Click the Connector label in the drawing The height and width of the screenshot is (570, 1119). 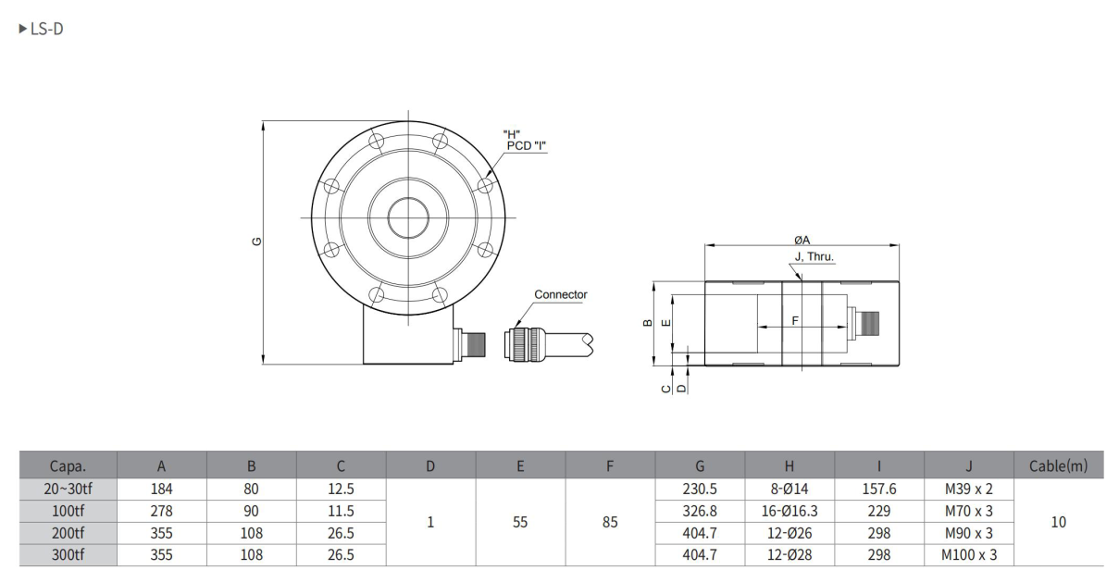click(x=560, y=294)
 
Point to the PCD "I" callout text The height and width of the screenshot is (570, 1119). click(x=526, y=145)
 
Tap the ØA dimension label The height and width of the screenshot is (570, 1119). click(x=802, y=240)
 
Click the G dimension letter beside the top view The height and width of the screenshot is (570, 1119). click(x=256, y=242)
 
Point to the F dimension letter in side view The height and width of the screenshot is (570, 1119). click(x=795, y=319)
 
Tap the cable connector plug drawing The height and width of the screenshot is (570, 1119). click(x=526, y=343)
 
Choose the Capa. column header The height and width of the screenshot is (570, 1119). click(x=68, y=466)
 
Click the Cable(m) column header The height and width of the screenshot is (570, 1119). click(x=1058, y=466)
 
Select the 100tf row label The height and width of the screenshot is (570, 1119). click(x=68, y=511)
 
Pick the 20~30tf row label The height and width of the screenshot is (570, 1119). click(x=68, y=489)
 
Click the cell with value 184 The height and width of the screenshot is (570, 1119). click(x=161, y=489)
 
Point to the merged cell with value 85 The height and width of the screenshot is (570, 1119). click(x=609, y=522)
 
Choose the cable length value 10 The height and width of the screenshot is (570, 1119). click(x=1058, y=522)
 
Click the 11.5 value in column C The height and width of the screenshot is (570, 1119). click(x=341, y=511)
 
